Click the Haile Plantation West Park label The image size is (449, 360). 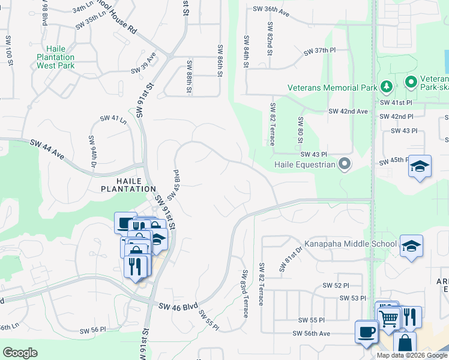68,58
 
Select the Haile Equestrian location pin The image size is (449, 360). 344,164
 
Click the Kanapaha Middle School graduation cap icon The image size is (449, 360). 411,246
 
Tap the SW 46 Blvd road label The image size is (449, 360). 178,306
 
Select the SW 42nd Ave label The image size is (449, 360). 348,112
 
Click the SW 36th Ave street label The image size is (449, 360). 271,10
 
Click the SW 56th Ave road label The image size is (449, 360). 312,334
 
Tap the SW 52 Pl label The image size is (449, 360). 336,285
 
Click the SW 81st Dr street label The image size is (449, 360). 286,262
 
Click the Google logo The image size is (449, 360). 20,353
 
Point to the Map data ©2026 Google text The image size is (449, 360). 411,355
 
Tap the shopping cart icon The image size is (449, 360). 390,317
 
